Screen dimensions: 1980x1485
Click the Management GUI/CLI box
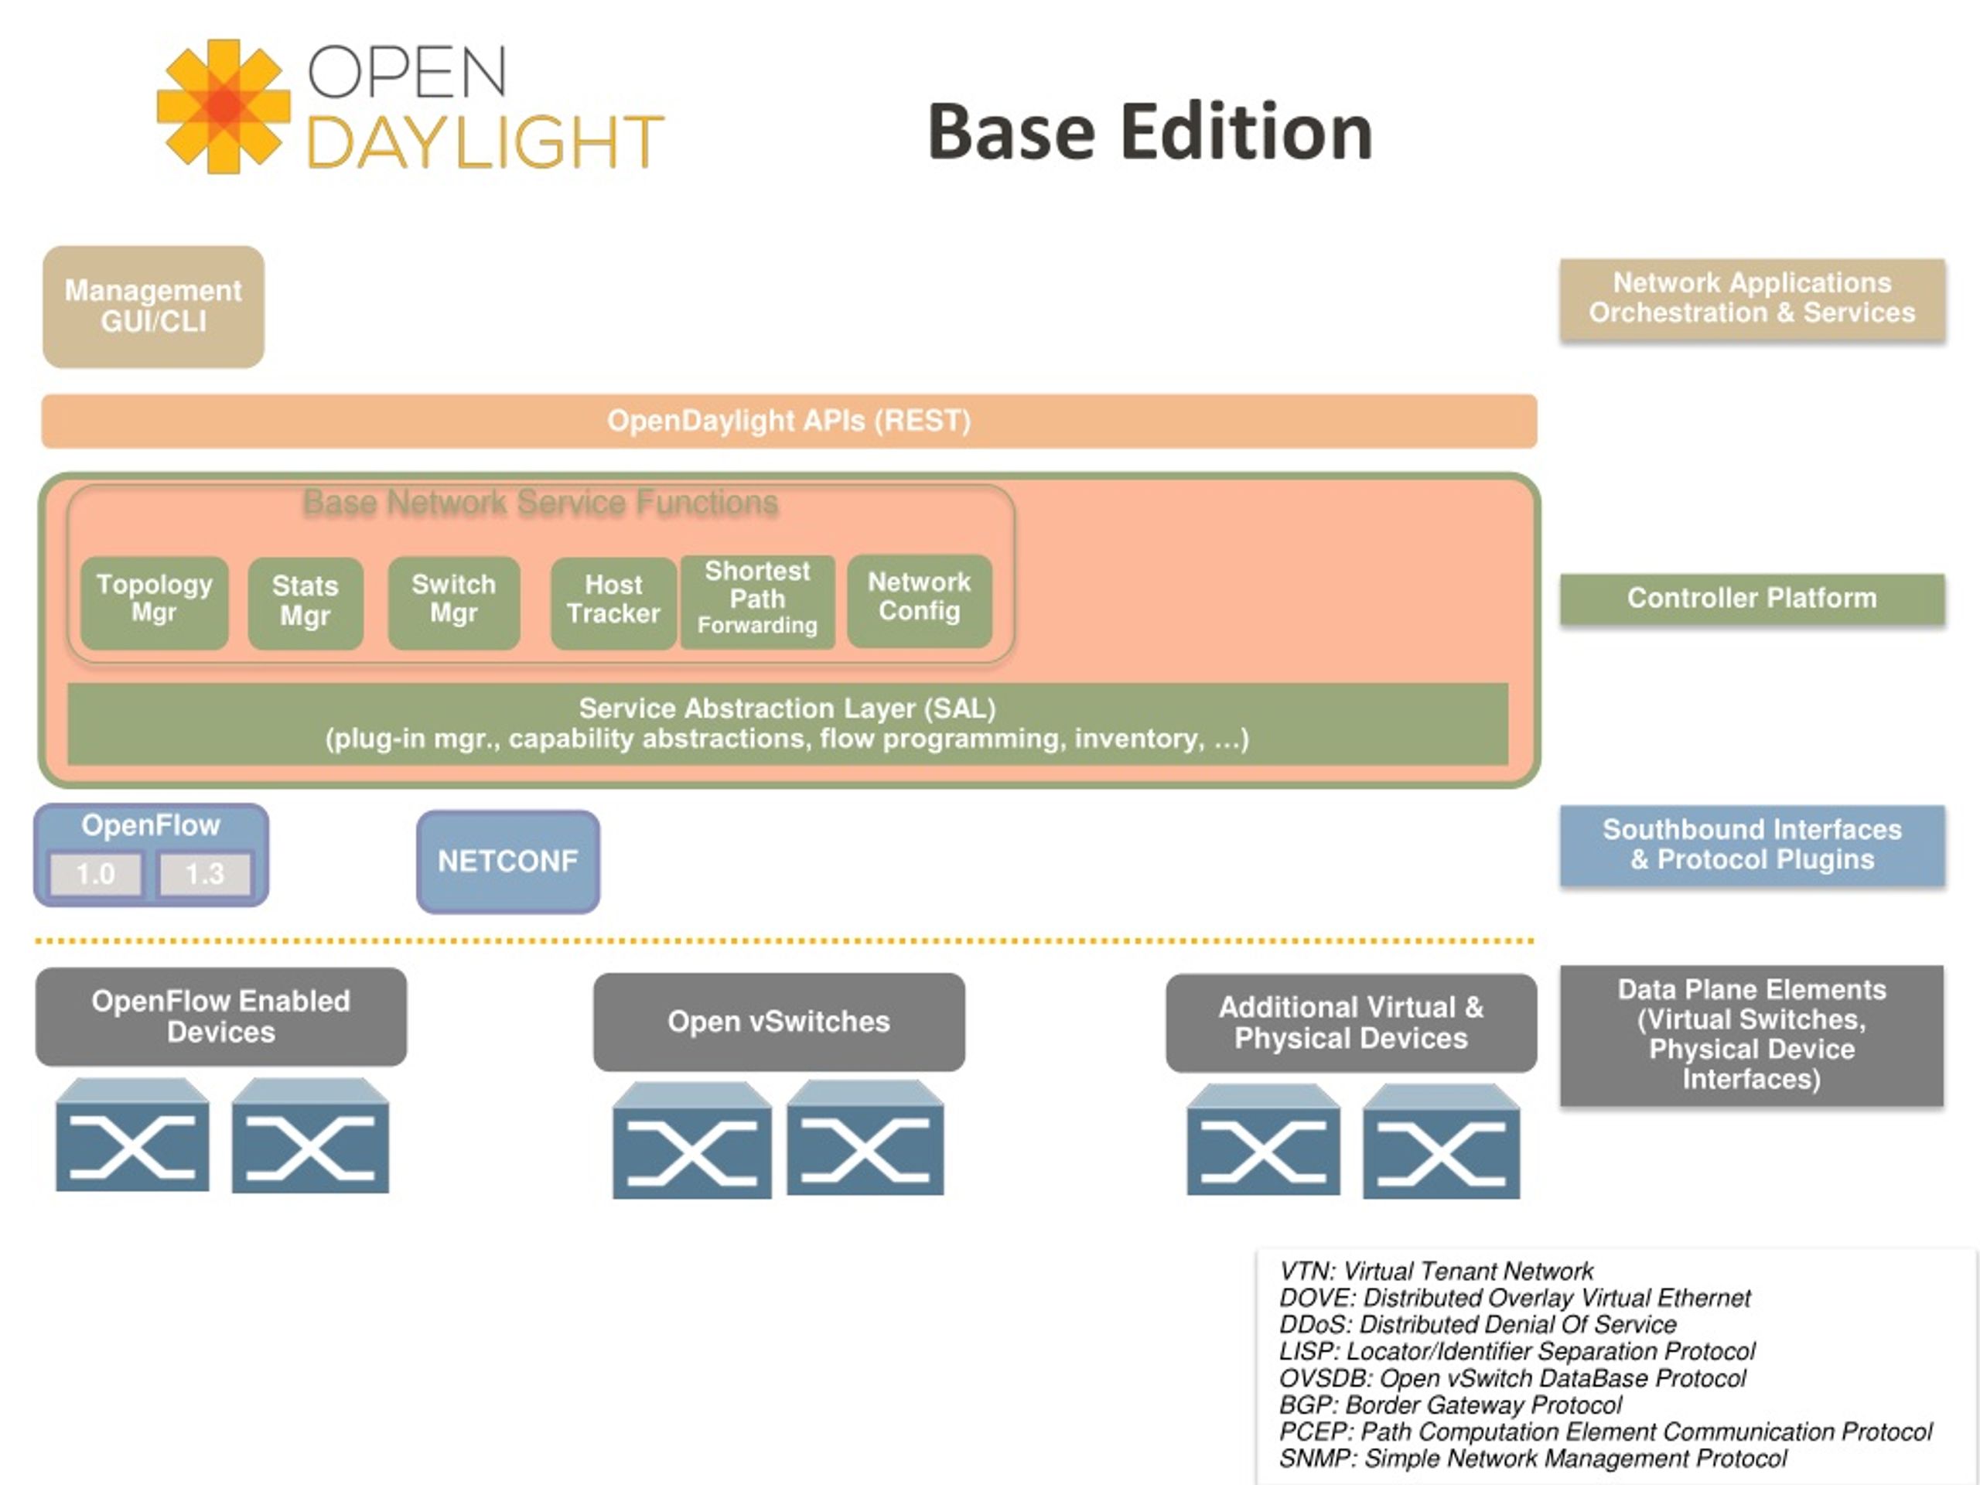click(x=153, y=306)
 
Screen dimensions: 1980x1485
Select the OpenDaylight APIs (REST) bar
click(x=789, y=421)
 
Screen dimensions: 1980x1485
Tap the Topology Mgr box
click(x=154, y=603)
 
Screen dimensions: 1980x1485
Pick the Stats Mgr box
click(x=306, y=603)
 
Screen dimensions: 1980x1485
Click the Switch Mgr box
click(x=454, y=603)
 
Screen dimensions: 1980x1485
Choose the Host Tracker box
click(x=613, y=603)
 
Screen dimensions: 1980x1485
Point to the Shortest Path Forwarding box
click(x=757, y=602)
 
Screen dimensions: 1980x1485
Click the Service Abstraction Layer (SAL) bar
click(x=787, y=723)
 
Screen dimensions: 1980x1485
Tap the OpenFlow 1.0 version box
click(x=96, y=874)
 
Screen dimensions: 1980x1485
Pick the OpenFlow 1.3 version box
click(x=205, y=874)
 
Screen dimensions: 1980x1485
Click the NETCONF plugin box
click(x=508, y=861)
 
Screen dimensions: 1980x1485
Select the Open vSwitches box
click(x=779, y=1022)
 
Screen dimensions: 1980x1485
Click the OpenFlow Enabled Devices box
click(x=221, y=1016)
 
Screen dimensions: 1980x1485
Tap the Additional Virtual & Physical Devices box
click(x=1350, y=1023)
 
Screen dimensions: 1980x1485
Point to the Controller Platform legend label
click(x=1752, y=598)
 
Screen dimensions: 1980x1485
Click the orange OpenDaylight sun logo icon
click(x=224, y=106)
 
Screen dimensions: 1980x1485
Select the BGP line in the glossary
click(x=1450, y=1405)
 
